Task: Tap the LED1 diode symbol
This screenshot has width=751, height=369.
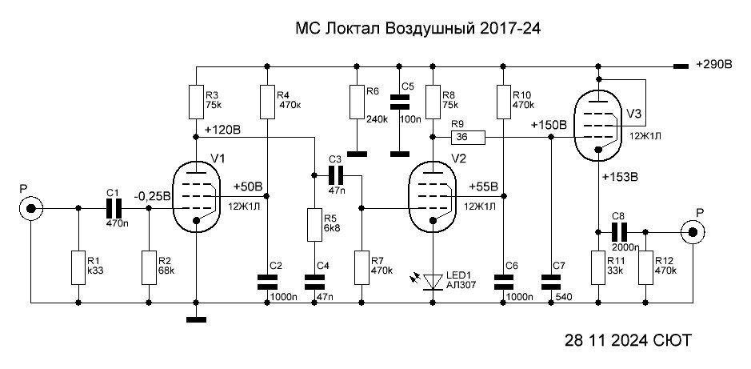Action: (433, 281)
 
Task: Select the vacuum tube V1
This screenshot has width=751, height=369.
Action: (197, 195)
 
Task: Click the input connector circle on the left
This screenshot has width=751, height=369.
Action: (31, 210)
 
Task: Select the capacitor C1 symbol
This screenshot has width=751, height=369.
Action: (113, 209)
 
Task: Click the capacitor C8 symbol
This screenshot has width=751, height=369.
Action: (618, 232)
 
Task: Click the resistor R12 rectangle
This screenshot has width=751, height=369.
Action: (645, 268)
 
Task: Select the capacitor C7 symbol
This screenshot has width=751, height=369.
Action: (549, 281)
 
